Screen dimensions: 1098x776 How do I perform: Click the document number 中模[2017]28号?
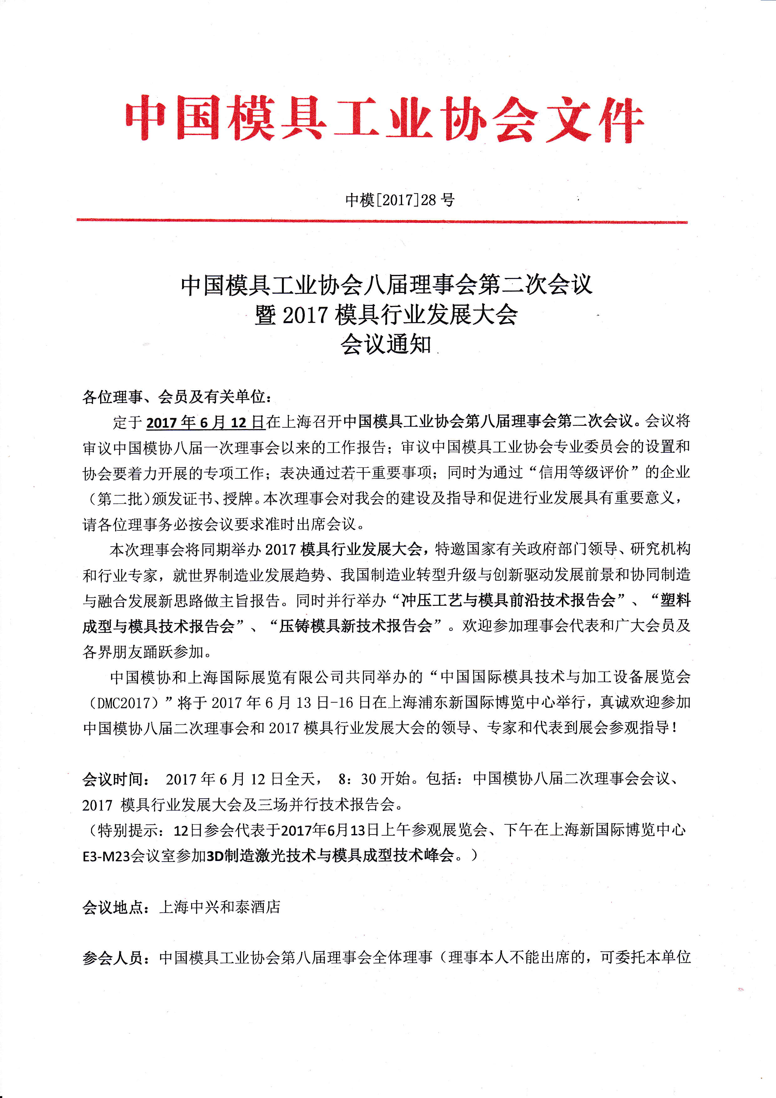click(400, 199)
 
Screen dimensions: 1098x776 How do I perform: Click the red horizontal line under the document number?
click(382, 221)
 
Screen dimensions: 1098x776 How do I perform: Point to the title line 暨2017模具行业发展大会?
click(386, 315)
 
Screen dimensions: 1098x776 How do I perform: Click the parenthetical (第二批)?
click(117, 499)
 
